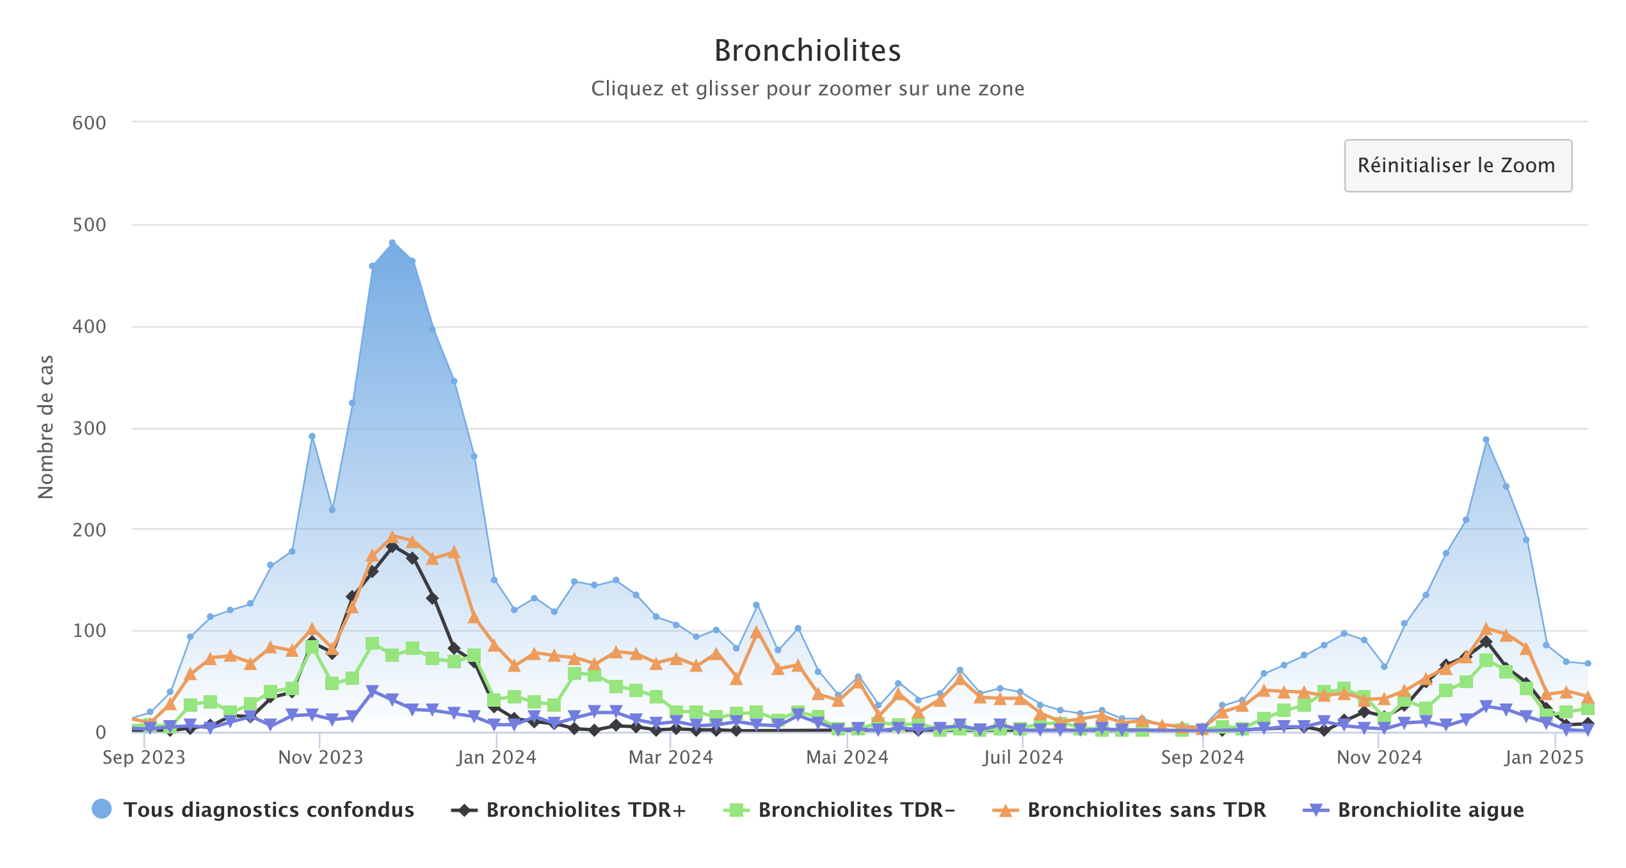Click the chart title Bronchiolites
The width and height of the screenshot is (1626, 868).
coord(807,51)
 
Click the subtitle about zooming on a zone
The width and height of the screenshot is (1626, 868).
coord(807,88)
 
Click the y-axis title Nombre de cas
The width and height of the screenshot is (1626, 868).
coord(46,427)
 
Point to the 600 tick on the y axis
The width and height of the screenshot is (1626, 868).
coord(89,123)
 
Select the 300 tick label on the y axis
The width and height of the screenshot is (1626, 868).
coord(89,428)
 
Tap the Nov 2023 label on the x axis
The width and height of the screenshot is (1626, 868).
coord(320,758)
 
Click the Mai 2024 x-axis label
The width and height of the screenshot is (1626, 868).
coord(847,758)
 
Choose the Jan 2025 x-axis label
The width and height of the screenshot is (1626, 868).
coord(1544,758)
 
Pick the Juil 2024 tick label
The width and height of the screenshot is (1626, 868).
coord(1022,758)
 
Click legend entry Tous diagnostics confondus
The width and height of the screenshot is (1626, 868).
coord(268,810)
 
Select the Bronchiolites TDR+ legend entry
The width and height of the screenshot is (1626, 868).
coord(586,810)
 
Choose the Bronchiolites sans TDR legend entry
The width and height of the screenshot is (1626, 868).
coord(1146,810)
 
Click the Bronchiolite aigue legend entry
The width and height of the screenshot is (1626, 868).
coord(1430,810)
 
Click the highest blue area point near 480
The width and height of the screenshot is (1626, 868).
coord(392,243)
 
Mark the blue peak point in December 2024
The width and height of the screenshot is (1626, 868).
coord(1486,440)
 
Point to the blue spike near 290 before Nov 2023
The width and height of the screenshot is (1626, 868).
coord(312,437)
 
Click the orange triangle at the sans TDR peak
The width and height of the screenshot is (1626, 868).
coord(392,537)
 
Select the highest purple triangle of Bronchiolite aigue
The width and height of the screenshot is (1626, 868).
coord(372,691)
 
